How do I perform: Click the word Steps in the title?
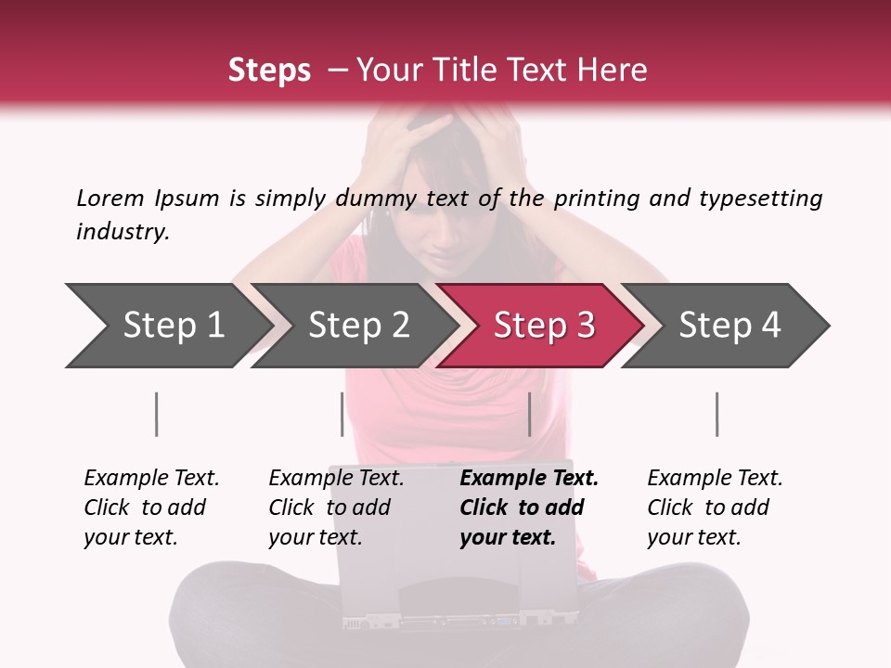point(269,70)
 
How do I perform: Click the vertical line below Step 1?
point(157,414)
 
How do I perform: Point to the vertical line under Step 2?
point(342,414)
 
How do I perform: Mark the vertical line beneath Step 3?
point(529,414)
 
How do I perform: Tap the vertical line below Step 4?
point(717,414)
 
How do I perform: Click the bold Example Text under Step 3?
point(529,507)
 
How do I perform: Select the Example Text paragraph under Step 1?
point(151,507)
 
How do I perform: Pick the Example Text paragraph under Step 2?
point(336,507)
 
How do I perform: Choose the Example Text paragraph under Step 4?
point(715,507)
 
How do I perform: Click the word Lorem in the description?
point(110,198)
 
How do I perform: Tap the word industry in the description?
point(123,231)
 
